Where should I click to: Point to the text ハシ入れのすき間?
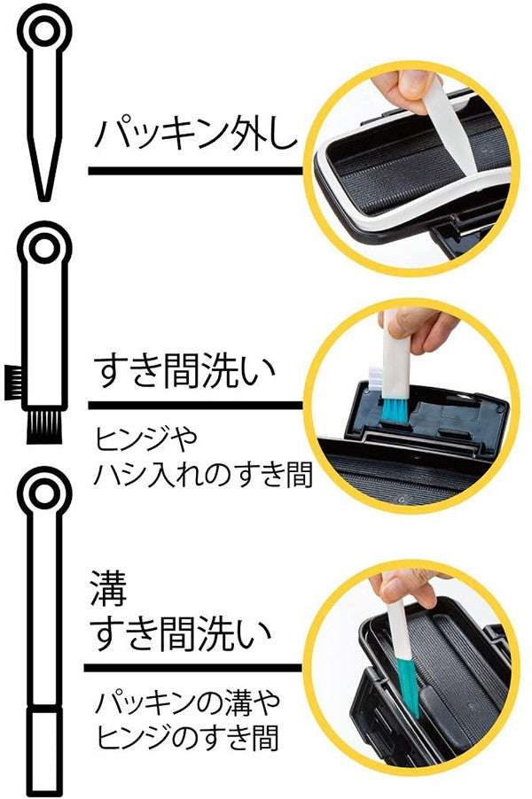(202, 475)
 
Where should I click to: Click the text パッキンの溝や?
(188, 702)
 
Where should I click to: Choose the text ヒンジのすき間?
(187, 738)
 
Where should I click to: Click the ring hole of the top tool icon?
(44, 31)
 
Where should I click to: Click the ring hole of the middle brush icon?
(44, 248)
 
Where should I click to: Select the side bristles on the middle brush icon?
(14, 382)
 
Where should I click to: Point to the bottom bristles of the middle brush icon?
(44, 427)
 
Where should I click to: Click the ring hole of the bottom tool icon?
(44, 493)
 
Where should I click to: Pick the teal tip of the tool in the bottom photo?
(408, 686)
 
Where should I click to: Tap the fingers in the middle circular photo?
(419, 329)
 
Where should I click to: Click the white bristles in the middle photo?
(375, 377)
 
